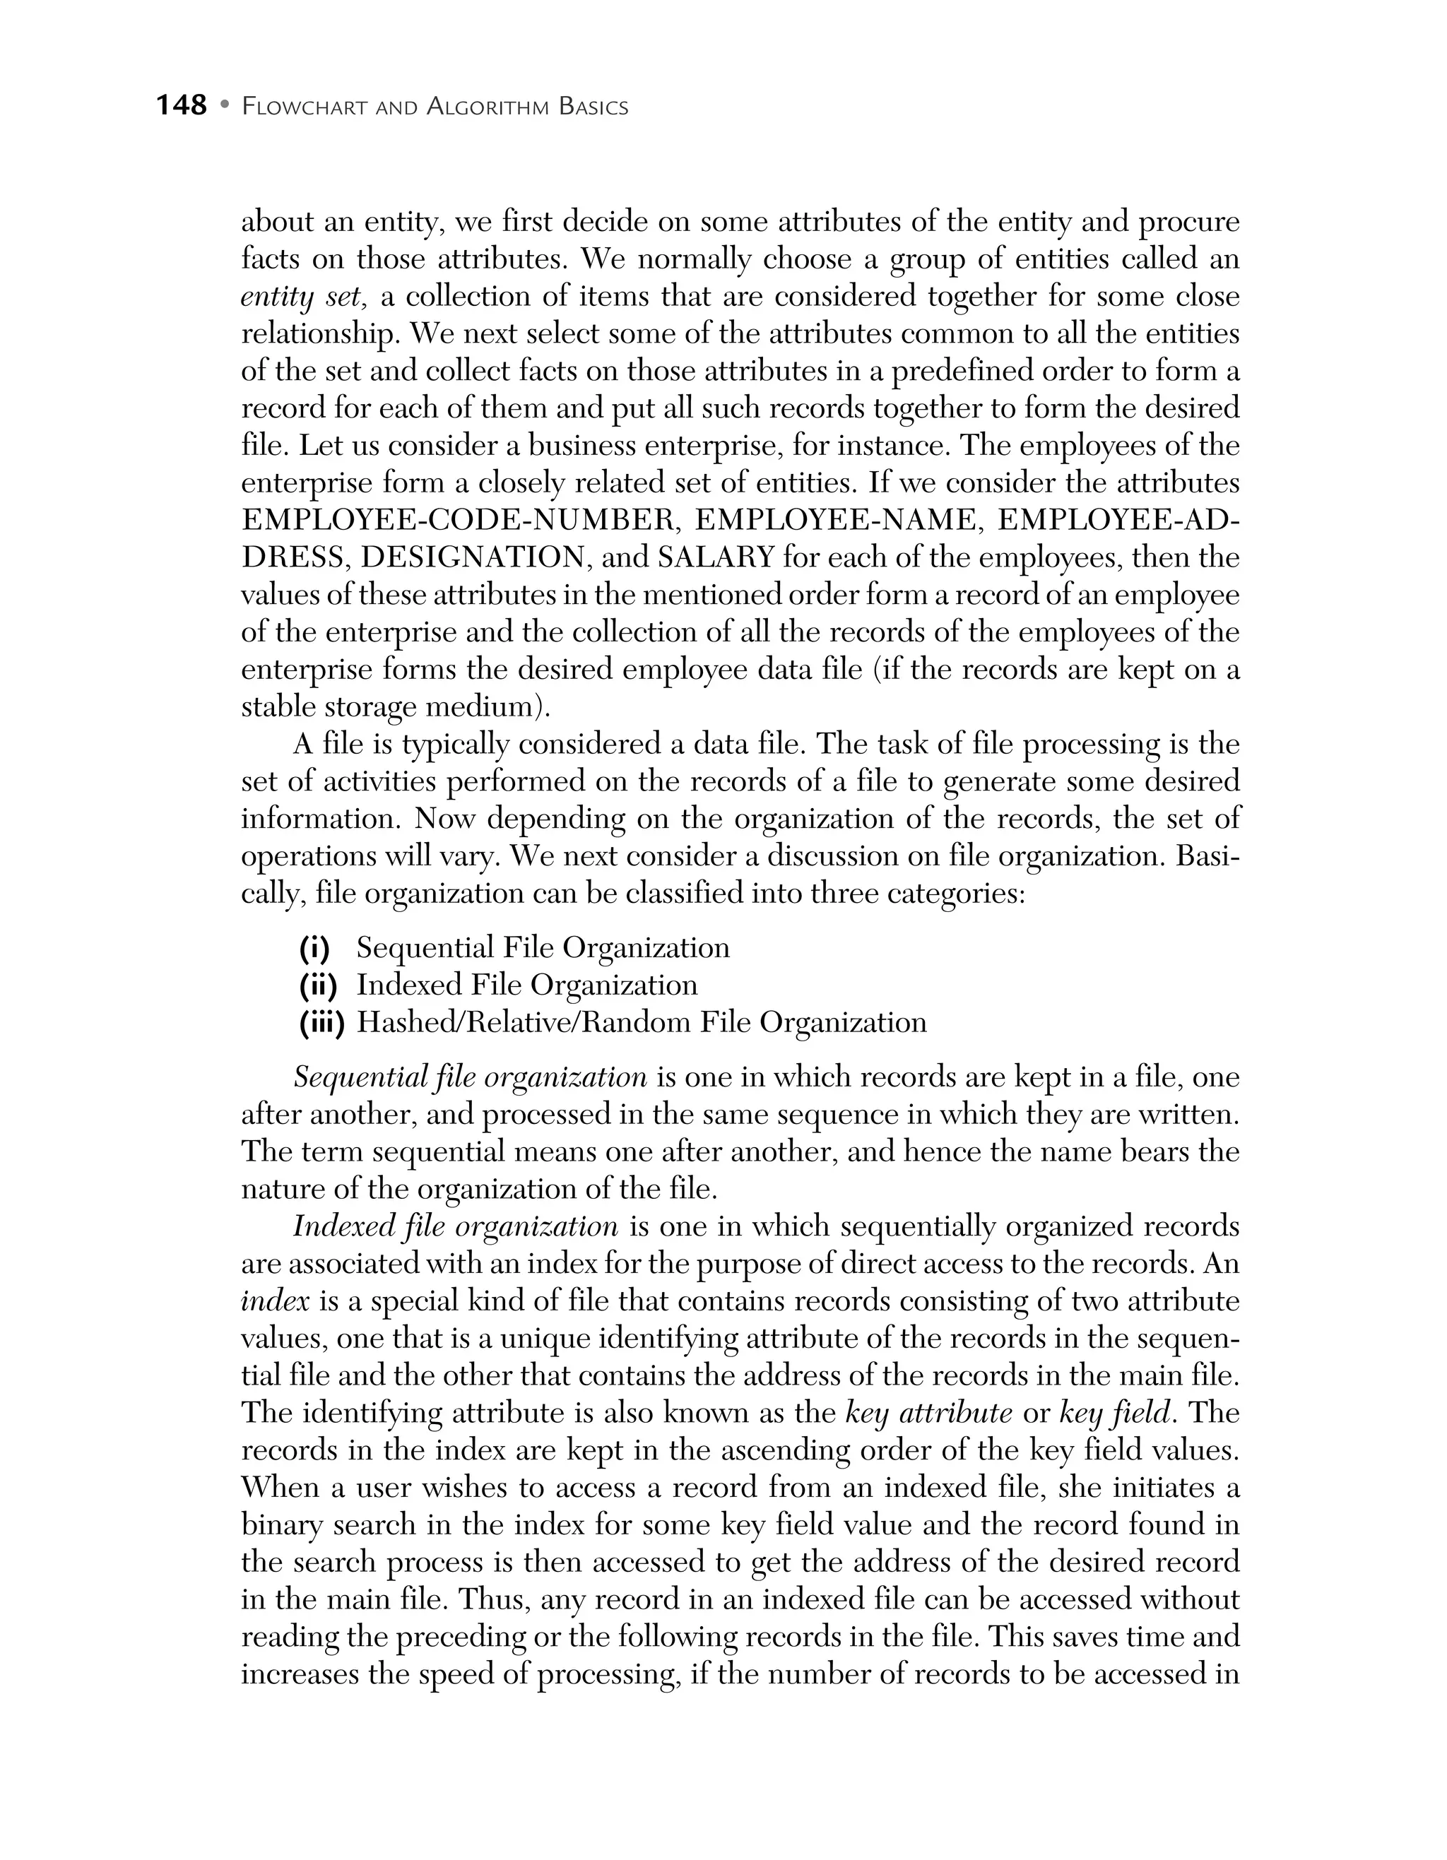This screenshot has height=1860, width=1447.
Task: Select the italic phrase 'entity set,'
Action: coord(303,297)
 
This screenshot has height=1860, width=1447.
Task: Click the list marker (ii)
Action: coord(318,985)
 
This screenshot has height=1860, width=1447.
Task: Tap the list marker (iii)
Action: coord(321,1022)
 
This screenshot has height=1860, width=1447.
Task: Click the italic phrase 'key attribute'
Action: coord(928,1414)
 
